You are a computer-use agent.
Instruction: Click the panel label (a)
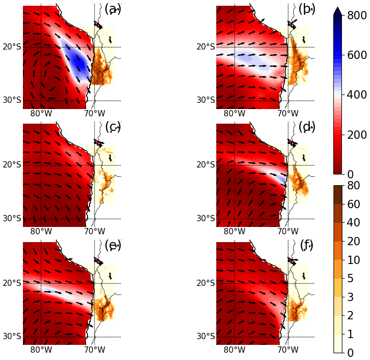113,9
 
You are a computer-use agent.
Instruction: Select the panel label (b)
306,9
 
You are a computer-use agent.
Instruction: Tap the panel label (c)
113,127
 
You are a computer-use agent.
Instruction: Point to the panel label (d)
306,127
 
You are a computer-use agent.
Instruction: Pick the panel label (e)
113,245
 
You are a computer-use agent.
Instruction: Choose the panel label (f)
306,245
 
